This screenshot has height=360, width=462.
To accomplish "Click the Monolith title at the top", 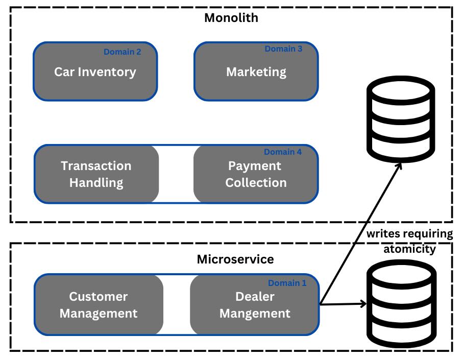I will click(231, 18).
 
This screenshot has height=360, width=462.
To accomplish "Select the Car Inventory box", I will click(95, 71).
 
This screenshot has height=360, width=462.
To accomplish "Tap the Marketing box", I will click(256, 71).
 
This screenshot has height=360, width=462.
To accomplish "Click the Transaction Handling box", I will click(96, 174).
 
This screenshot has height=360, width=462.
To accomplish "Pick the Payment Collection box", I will click(256, 174).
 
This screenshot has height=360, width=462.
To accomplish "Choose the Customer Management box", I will click(99, 305).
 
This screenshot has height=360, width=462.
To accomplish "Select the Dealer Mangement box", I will click(255, 305).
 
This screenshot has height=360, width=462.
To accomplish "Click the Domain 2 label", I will click(122, 52).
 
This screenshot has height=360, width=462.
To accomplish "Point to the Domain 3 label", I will click(283, 49).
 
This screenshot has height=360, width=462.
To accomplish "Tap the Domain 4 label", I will click(283, 152).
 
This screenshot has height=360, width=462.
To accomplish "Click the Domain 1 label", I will click(287, 283).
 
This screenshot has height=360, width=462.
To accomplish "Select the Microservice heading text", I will click(235, 259).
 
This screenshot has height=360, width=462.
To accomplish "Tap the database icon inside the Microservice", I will click(401, 304).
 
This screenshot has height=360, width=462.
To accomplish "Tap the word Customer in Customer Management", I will click(99, 297).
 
